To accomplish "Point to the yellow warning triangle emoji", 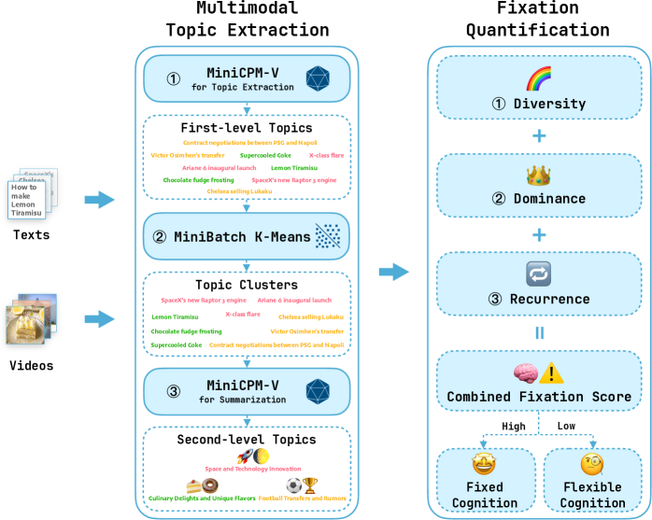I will click(x=553, y=373).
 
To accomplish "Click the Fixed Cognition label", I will click(x=485, y=495).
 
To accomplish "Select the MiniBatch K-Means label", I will click(x=242, y=236).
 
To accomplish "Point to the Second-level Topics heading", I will click(x=247, y=439).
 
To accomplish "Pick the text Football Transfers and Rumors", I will click(x=302, y=499).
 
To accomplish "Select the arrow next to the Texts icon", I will click(x=98, y=199).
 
